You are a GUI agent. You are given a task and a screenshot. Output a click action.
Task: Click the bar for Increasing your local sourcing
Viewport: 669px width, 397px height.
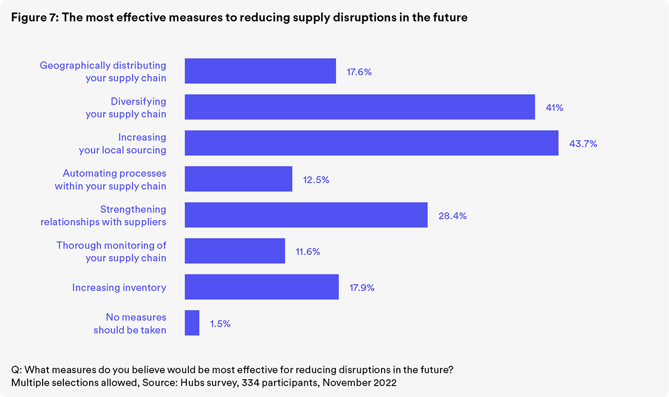click(x=372, y=143)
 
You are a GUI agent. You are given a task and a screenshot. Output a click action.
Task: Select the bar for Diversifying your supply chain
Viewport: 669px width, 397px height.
click(x=360, y=107)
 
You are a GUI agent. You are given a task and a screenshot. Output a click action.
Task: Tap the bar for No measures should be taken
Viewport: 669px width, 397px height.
click(x=192, y=323)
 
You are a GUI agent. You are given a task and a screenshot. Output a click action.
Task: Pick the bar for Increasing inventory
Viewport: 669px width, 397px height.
click(x=262, y=287)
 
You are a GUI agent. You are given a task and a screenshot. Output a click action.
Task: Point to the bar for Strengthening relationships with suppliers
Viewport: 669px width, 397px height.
click(x=306, y=215)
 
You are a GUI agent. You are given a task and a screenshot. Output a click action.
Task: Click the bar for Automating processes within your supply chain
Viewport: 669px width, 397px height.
click(x=238, y=179)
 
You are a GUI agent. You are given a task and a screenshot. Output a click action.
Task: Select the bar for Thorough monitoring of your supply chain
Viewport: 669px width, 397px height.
click(x=235, y=251)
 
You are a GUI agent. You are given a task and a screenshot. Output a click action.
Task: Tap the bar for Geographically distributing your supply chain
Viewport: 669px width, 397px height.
click(x=261, y=71)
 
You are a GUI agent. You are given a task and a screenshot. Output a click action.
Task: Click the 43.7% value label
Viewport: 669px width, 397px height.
click(x=583, y=144)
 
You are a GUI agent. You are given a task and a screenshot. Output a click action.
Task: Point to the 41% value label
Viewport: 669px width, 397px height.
click(x=555, y=108)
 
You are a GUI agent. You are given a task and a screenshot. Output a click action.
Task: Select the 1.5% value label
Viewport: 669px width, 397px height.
click(x=220, y=324)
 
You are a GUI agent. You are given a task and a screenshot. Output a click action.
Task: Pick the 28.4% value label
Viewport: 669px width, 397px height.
click(x=452, y=216)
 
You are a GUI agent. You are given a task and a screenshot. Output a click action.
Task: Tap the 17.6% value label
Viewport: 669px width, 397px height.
click(x=359, y=72)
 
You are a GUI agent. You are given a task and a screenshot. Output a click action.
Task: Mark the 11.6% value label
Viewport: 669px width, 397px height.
click(x=308, y=251)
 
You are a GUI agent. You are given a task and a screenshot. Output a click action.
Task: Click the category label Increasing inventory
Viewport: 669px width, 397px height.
click(x=119, y=287)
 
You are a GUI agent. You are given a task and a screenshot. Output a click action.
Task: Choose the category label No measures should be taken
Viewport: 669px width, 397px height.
click(x=130, y=324)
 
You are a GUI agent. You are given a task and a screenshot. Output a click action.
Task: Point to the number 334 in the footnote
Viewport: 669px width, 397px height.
click(x=250, y=382)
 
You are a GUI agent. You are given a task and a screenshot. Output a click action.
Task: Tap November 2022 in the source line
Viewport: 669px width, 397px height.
click(x=359, y=382)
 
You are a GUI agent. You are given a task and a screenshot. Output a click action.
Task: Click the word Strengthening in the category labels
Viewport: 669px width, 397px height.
click(x=133, y=209)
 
